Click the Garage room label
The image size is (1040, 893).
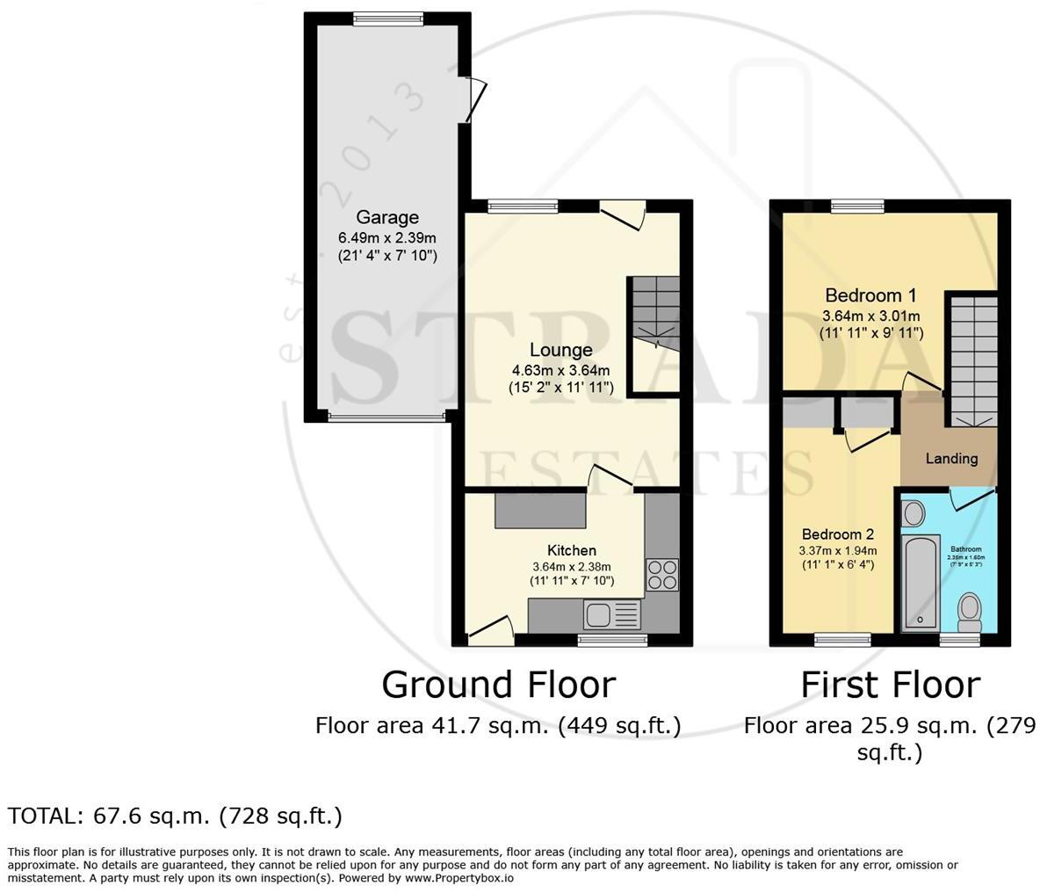coord(386,217)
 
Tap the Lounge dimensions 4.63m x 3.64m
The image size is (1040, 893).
coord(560,369)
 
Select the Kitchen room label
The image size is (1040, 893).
coord(572,550)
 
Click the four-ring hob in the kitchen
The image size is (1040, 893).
coord(661,574)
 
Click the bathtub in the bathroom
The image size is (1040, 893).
coord(921,582)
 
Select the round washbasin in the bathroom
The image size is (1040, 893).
coord(913,512)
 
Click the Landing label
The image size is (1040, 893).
coord(951,458)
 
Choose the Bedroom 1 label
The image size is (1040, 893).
coord(863,295)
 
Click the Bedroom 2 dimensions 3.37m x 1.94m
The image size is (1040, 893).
coord(837,551)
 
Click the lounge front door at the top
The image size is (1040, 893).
coord(624,214)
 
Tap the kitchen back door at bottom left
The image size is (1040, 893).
coord(491,629)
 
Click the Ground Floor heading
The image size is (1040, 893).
coord(498,685)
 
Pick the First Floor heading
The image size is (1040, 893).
coord(889,685)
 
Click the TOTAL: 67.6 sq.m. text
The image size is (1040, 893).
coord(175,816)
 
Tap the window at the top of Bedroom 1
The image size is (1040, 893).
coord(856,206)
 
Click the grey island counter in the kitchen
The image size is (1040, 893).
coord(540,511)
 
